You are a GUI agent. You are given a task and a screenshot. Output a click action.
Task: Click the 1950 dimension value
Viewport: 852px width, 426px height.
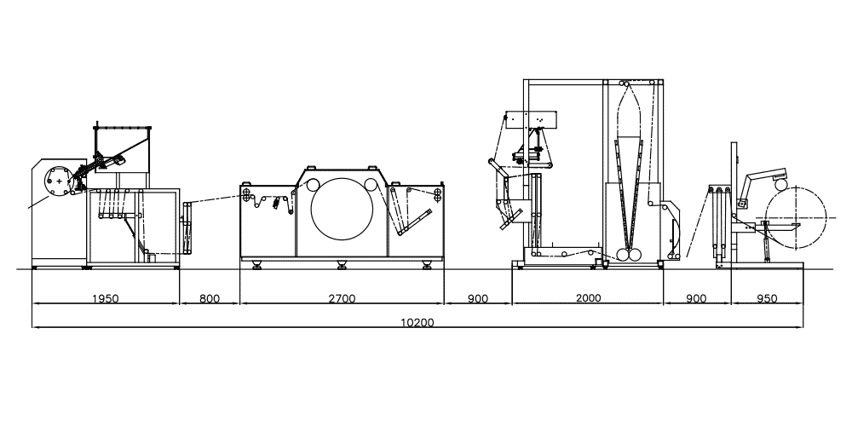pyautogui.click(x=106, y=298)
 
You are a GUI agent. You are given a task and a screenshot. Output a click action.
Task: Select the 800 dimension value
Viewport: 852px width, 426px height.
pyautogui.click(x=210, y=298)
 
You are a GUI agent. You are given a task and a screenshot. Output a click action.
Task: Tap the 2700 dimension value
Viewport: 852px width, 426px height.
pyautogui.click(x=342, y=298)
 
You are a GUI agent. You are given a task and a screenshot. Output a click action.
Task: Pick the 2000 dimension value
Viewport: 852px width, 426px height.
pyautogui.click(x=589, y=297)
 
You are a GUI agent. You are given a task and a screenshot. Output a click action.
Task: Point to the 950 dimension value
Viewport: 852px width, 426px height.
pyautogui.click(x=767, y=298)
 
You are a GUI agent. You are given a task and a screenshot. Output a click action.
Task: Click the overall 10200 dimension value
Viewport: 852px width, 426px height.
pyautogui.click(x=417, y=322)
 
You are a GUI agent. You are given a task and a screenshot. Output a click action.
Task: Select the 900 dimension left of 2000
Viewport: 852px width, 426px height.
pyautogui.click(x=478, y=298)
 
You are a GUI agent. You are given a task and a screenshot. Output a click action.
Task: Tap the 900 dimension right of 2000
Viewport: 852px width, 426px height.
pyautogui.click(x=696, y=298)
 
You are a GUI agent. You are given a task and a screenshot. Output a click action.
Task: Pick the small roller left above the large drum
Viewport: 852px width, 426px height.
pyautogui.click(x=313, y=185)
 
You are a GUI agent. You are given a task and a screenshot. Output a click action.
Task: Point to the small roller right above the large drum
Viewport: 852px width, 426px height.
pyautogui.click(x=371, y=185)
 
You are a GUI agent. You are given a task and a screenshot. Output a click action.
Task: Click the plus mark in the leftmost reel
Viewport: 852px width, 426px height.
pyautogui.click(x=59, y=181)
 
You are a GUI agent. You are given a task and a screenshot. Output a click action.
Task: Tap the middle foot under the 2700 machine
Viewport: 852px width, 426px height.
pyautogui.click(x=342, y=265)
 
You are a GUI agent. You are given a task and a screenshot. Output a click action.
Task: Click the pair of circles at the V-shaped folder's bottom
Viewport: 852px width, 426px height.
pyautogui.click(x=629, y=254)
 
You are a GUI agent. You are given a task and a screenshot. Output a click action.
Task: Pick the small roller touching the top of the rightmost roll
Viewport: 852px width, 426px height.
pyautogui.click(x=780, y=185)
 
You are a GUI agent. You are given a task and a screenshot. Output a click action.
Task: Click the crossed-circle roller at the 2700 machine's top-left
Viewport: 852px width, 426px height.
pyautogui.click(x=247, y=194)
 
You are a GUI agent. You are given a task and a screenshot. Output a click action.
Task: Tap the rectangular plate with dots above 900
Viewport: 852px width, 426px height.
pyautogui.click(x=532, y=119)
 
